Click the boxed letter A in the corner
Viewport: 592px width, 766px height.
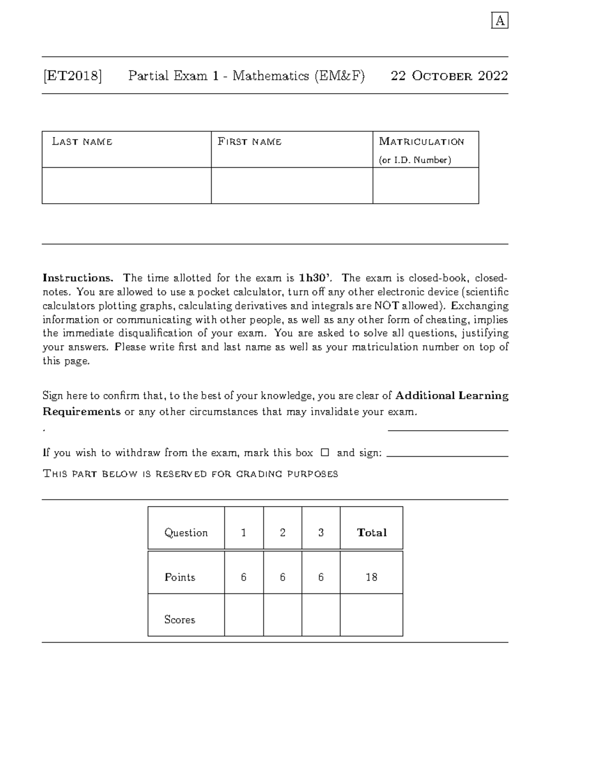(500, 21)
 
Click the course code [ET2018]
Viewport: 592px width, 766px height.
(73, 76)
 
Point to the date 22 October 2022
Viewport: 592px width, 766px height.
(449, 76)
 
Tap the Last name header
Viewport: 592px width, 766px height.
(82, 142)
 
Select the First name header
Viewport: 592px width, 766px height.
(250, 142)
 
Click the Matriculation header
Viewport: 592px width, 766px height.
(421, 142)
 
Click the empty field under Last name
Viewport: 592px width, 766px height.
(126, 185)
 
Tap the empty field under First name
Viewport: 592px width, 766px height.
(292, 185)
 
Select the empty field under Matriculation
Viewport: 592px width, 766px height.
(425, 185)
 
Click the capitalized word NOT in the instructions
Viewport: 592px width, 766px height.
(387, 306)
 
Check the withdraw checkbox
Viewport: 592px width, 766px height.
(324, 452)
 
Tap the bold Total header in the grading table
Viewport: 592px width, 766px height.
(371, 533)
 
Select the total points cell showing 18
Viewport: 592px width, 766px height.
(371, 577)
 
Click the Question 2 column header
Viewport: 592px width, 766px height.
(282, 533)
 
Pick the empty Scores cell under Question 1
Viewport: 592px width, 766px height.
(244, 615)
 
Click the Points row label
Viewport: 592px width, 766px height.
(180, 577)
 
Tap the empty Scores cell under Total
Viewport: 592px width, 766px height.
(371, 615)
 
